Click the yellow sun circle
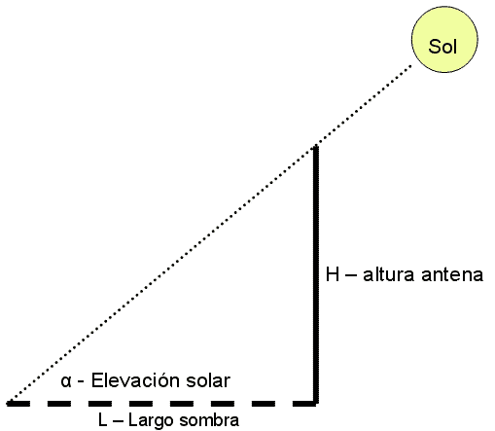[x=444, y=39]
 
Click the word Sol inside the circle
[x=442, y=47]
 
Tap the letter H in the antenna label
[x=333, y=274]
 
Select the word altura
[x=389, y=274]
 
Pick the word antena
[x=452, y=275]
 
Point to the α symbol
[x=66, y=381]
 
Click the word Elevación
[x=135, y=380]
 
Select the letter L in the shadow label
[x=102, y=420]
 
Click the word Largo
[x=151, y=421]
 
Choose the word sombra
[x=209, y=420]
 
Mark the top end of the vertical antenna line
[x=315, y=147]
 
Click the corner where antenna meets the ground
[x=315, y=403]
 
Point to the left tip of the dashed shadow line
[x=7, y=404]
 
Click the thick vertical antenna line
[x=315, y=275]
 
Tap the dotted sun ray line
[x=210, y=234]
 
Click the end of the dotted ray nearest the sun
[x=410, y=66]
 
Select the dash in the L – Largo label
[x=118, y=421]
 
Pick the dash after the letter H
[x=351, y=275]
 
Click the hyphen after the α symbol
[x=81, y=382]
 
